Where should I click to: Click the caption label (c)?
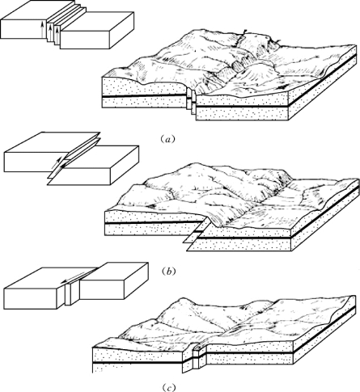pos(167,388)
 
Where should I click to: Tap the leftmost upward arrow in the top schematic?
pos(42,30)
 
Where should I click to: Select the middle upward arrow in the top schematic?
pos(50,32)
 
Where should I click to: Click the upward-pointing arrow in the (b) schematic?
pos(56,162)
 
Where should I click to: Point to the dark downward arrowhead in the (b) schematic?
pos(63,166)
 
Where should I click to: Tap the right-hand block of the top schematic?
pos(97,30)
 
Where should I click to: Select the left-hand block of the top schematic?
pos(23,22)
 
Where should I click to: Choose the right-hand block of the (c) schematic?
pos(112,280)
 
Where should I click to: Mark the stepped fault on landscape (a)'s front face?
pos(191,103)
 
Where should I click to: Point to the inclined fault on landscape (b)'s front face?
pos(196,233)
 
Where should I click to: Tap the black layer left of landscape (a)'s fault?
pos(144,96)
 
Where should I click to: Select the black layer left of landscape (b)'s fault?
pos(153,223)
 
